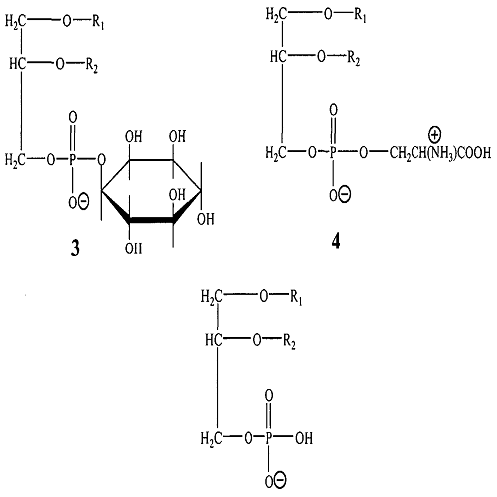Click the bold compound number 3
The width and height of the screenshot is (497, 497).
[75, 248]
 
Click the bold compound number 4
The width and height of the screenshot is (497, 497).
[336, 243]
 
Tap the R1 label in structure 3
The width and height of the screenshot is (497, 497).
[98, 22]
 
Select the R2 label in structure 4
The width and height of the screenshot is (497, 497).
[354, 59]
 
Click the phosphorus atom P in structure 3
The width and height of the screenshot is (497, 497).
[73, 160]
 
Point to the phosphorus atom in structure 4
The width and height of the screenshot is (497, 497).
[333, 153]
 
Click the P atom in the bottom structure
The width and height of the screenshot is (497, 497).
[268, 438]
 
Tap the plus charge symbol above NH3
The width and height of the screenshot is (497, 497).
[435, 135]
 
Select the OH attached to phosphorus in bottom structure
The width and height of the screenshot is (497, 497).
[304, 438]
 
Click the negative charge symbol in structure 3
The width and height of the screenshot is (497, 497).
[83, 201]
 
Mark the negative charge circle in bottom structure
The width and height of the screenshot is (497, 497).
[280, 480]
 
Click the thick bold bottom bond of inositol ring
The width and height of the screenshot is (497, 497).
[151, 220]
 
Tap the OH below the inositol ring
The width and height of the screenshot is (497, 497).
[133, 248]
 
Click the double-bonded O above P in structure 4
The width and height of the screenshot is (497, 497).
[334, 110]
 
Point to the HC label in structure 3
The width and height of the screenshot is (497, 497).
[17, 63]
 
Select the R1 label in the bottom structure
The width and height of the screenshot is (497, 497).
[296, 297]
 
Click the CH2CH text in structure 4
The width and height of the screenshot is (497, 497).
[409, 154]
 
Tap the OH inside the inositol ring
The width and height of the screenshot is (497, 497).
[177, 195]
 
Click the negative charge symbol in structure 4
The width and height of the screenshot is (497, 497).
[345, 194]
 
